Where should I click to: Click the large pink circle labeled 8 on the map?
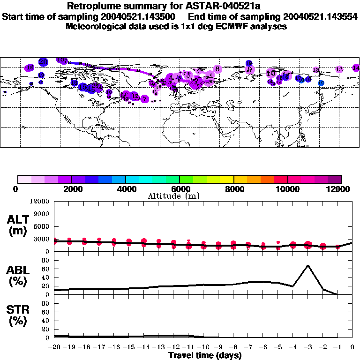tap(217, 69)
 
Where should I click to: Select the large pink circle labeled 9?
tap(250, 69)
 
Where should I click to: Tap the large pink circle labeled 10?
tap(270, 74)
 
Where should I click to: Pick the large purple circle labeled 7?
tap(145, 99)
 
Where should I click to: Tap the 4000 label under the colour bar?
tap(125, 189)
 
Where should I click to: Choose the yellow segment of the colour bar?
tap(227, 179)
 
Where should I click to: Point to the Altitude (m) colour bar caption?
tap(180, 196)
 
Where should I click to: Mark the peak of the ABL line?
tap(307, 265)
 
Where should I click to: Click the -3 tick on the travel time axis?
tap(307, 347)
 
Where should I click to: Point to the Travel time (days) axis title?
tap(205, 355)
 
